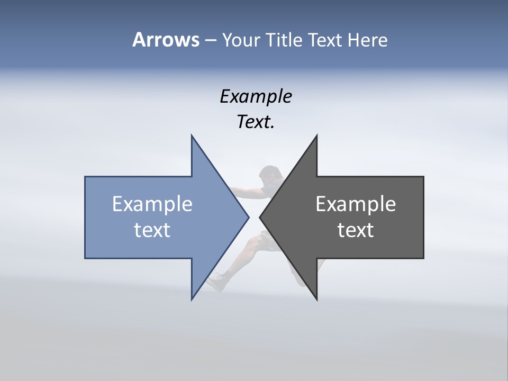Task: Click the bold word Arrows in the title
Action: (166, 40)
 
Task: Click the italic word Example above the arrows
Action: (256, 96)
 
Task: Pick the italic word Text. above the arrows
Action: (256, 122)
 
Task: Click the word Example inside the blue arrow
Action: (152, 204)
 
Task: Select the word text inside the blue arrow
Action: (152, 230)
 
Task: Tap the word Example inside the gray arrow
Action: (356, 204)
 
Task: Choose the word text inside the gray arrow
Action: (356, 230)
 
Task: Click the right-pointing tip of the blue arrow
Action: (248, 217)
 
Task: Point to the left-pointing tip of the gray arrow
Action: (260, 217)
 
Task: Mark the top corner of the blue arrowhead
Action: (192, 135)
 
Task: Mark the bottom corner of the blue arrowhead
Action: (192, 300)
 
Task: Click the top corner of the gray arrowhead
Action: (316, 135)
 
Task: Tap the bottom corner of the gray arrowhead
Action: (316, 300)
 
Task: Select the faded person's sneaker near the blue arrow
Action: (216, 281)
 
